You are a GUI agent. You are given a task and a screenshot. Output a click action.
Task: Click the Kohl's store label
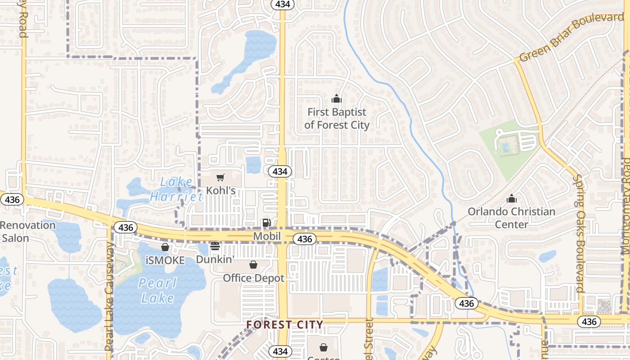pos(220,191)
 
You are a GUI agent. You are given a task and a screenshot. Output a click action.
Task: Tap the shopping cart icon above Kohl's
pos(220,178)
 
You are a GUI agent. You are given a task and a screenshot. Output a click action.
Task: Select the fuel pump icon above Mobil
pos(266,223)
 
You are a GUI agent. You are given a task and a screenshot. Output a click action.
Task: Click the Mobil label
pos(267,236)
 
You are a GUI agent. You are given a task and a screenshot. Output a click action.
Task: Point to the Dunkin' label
pos(215,260)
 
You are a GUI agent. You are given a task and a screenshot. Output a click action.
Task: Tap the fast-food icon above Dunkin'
pos(215,246)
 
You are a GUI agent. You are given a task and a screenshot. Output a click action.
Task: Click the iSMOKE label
pos(165,261)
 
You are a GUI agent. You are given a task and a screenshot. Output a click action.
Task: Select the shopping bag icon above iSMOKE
pos(165,247)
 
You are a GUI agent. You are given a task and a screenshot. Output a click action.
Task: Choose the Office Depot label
pos(254,278)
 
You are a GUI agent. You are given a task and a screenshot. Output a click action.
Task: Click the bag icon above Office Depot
pos(253,265)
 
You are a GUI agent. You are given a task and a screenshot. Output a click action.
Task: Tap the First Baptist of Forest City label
pos(337,118)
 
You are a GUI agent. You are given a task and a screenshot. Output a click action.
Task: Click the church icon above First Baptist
pos(336,98)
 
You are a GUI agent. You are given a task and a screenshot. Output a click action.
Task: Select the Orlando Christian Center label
pos(512,218)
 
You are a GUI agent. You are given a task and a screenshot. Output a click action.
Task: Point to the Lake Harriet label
pos(176,189)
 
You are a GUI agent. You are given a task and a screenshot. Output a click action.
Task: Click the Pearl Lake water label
pos(157,290)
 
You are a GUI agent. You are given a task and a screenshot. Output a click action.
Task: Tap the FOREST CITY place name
pos(285,324)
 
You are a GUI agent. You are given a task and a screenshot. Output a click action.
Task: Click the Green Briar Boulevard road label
pos(571,37)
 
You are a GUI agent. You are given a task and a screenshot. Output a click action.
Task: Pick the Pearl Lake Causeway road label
pos(109,297)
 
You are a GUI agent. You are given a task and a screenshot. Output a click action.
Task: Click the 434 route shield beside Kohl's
pos(280,171)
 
